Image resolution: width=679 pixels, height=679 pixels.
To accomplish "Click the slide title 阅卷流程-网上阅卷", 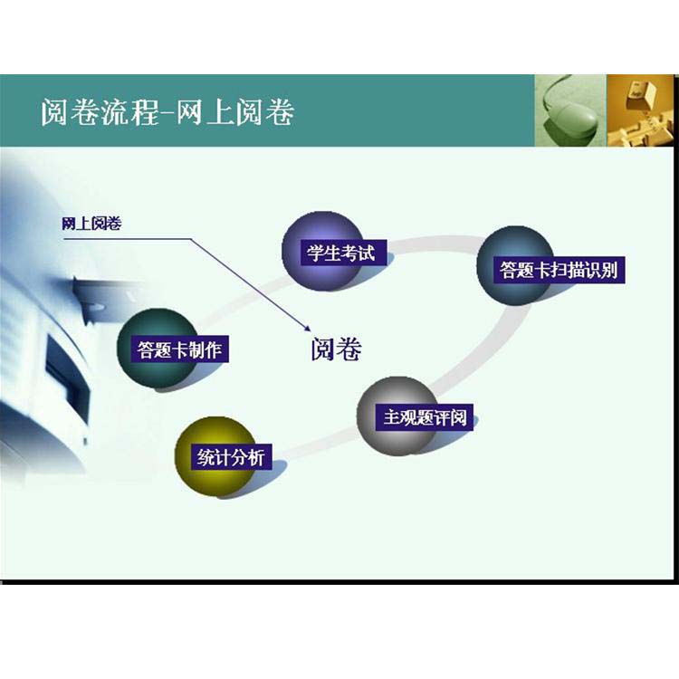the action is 167,111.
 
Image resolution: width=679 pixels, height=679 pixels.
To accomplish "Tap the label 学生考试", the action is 340,253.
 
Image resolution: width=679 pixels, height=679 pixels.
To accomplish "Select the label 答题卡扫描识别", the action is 559,270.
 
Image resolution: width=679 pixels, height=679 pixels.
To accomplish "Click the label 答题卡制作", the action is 179,349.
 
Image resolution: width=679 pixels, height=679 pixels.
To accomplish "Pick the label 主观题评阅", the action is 425,418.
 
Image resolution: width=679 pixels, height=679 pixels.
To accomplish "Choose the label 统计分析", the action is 231,457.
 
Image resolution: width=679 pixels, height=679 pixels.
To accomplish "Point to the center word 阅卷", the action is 337,349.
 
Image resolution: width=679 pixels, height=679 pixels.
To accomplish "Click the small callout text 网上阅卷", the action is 91,224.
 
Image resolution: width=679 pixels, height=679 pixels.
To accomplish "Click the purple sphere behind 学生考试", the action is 321,251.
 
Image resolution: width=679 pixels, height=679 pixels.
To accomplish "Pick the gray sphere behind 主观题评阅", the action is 397,416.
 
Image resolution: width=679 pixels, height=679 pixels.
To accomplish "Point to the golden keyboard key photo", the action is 640,110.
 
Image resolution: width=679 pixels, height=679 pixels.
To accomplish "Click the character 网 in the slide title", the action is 189,111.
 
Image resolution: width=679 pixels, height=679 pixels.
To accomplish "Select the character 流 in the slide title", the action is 115,111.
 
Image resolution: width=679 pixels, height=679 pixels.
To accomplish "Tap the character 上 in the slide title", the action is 220,111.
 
